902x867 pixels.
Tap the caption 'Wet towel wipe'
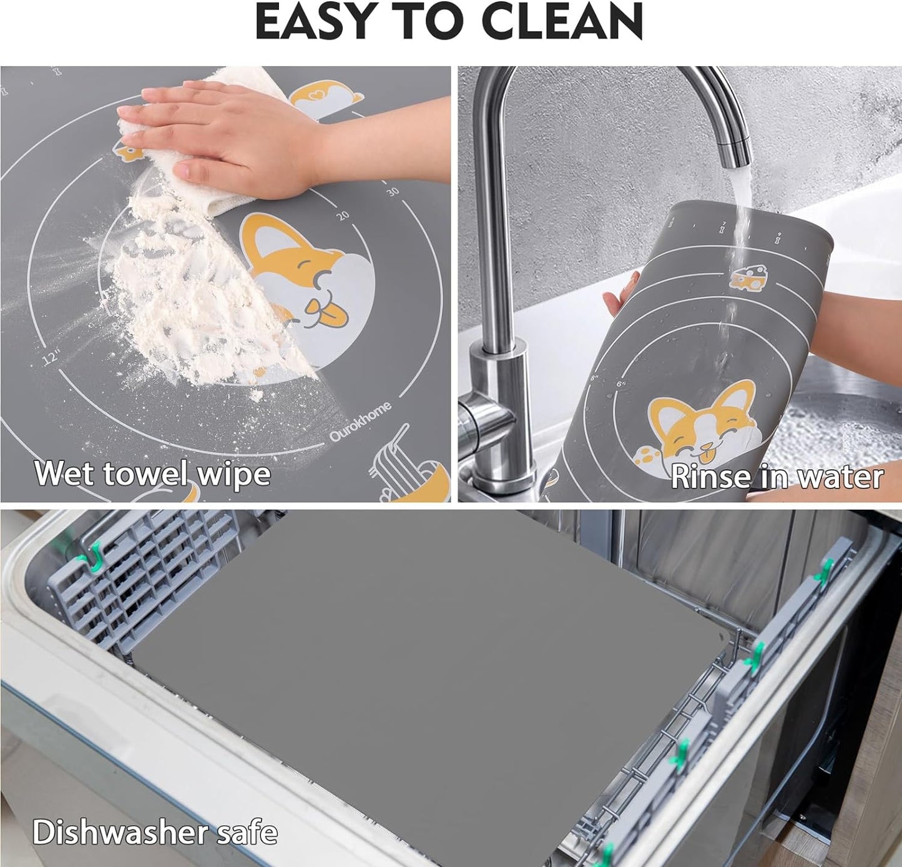152,473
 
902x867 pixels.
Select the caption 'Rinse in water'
777,477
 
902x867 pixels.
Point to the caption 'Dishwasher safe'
155,832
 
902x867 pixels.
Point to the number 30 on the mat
392,192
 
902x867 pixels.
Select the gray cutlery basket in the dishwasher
131,581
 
